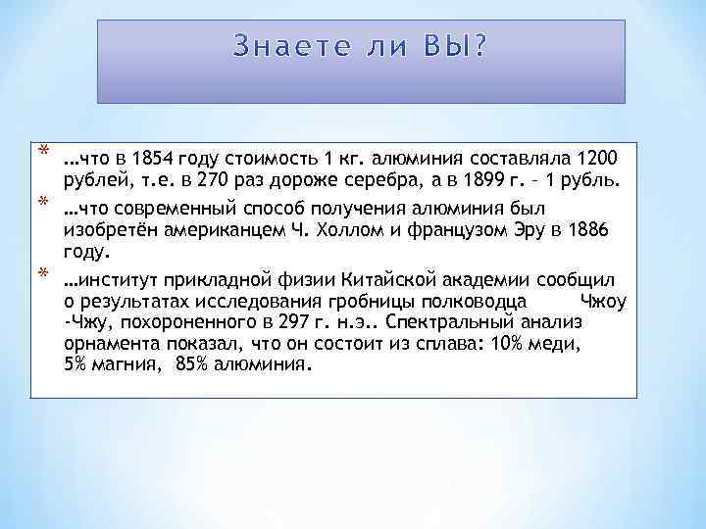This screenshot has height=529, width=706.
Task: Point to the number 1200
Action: tap(599, 159)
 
